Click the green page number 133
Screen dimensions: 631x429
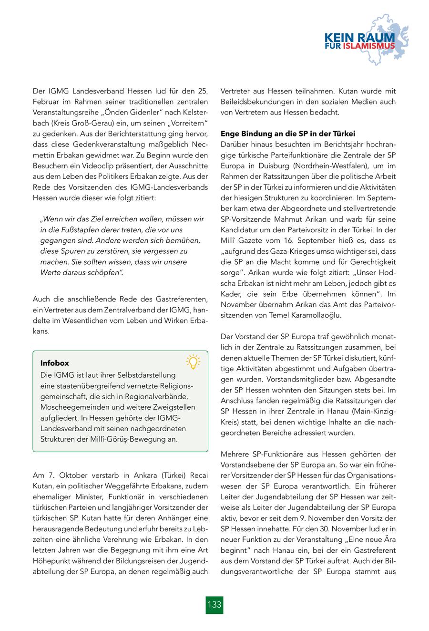[x=214, y=604]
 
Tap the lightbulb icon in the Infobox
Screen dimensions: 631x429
[x=193, y=362]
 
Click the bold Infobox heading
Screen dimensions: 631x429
[x=55, y=363]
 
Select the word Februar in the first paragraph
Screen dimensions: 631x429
[x=46, y=102]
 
